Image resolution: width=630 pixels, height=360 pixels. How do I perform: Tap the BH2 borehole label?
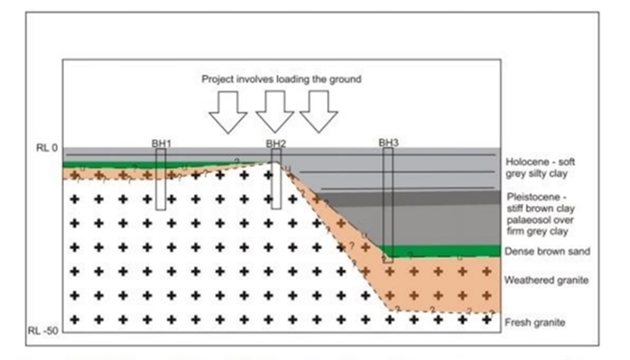275,143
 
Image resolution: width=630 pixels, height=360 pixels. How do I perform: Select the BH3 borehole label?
388,143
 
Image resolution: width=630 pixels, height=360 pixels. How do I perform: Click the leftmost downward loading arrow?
228,111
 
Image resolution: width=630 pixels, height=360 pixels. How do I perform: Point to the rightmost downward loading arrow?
320,111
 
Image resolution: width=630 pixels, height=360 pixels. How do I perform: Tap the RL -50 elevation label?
43,328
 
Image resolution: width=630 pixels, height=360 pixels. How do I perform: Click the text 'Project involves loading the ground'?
282,78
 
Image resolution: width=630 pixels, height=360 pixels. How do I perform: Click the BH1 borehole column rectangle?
160,179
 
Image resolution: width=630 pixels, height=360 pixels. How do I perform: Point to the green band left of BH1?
102,164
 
